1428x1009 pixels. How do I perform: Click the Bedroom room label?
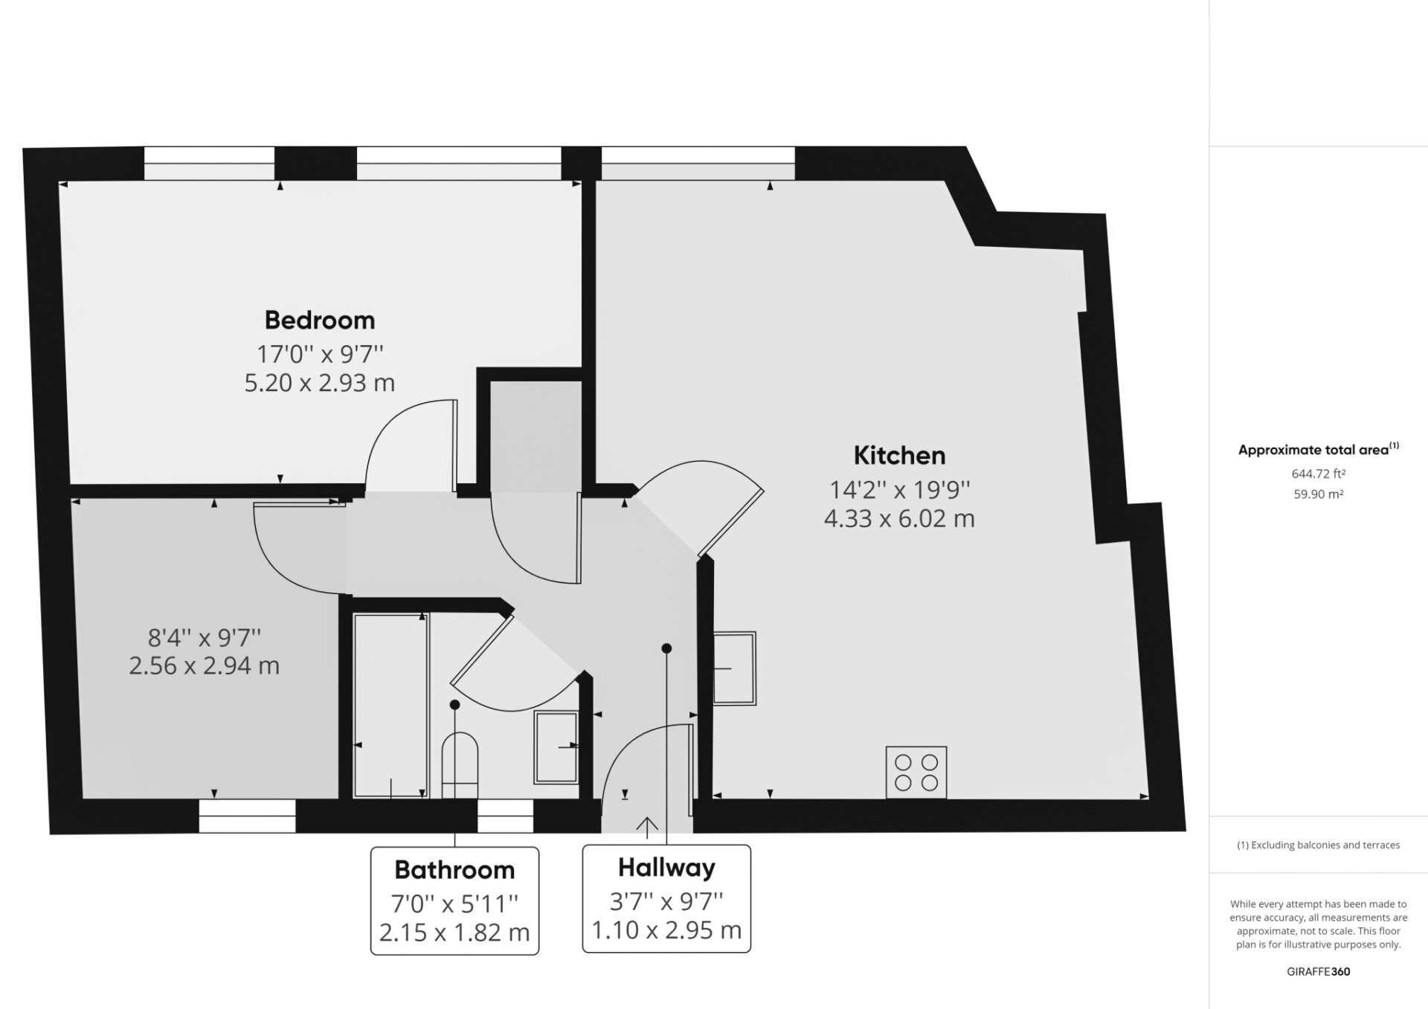pyautogui.click(x=320, y=320)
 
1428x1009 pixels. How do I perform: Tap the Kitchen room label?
pyautogui.click(x=899, y=455)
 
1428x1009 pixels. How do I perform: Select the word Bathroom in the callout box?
pyautogui.click(x=454, y=869)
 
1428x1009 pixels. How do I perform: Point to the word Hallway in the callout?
pyautogui.click(x=666, y=868)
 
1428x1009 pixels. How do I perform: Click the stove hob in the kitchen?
pyautogui.click(x=916, y=773)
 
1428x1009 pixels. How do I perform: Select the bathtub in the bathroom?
pyautogui.click(x=391, y=706)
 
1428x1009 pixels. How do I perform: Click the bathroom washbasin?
pyautogui.click(x=556, y=747)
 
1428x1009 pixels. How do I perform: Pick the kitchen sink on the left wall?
pyautogui.click(x=735, y=668)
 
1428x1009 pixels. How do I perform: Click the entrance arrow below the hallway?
pyautogui.click(x=647, y=828)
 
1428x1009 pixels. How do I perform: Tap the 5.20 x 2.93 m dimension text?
pyautogui.click(x=320, y=383)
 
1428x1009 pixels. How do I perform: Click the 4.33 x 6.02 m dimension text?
pyautogui.click(x=899, y=518)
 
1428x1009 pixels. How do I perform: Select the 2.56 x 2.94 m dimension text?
pyautogui.click(x=205, y=665)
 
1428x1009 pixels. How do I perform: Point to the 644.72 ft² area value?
pyautogui.click(x=1319, y=473)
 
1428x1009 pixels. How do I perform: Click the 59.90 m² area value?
pyautogui.click(x=1319, y=494)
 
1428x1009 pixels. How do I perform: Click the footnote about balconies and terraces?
pyautogui.click(x=1319, y=845)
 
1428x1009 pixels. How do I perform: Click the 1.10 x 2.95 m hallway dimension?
pyautogui.click(x=666, y=930)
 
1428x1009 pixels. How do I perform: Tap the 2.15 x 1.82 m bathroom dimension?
pyautogui.click(x=454, y=932)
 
